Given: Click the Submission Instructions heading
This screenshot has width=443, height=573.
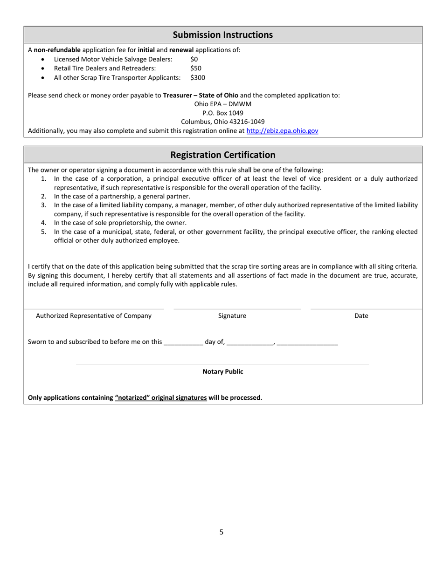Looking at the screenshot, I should tap(222, 35).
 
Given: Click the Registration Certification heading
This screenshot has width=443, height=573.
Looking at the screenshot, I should tap(222, 155).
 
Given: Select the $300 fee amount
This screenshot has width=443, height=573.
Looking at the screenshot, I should tap(197, 77).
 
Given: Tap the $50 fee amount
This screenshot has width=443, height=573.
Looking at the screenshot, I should tap(195, 68).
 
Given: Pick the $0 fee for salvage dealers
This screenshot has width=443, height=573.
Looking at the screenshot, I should tap(194, 59).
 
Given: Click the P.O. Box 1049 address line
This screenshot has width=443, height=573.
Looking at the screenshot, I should tap(222, 113).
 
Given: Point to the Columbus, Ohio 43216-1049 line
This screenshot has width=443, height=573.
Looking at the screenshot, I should tap(222, 122).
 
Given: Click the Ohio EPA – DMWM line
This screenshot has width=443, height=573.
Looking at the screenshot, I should tap(222, 104).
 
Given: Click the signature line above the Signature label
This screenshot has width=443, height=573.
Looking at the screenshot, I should tap(237, 308).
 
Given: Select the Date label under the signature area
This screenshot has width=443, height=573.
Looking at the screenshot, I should tap(361, 316).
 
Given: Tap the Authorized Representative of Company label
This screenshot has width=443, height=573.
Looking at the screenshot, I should tap(94, 316).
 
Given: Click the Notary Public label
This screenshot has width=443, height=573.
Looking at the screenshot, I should tap(222, 372).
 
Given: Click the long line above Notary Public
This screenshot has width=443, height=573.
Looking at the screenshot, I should tap(222, 365).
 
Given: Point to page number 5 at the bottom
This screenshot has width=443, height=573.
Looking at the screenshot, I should tap(221, 532).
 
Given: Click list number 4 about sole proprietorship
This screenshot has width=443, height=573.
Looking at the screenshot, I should tap(43, 223).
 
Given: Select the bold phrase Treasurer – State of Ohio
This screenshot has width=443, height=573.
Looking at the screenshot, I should tap(201, 95).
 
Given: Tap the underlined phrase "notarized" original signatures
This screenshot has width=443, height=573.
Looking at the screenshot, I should tap(161, 398).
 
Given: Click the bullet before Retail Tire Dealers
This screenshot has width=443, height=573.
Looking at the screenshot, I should tap(43, 68).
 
